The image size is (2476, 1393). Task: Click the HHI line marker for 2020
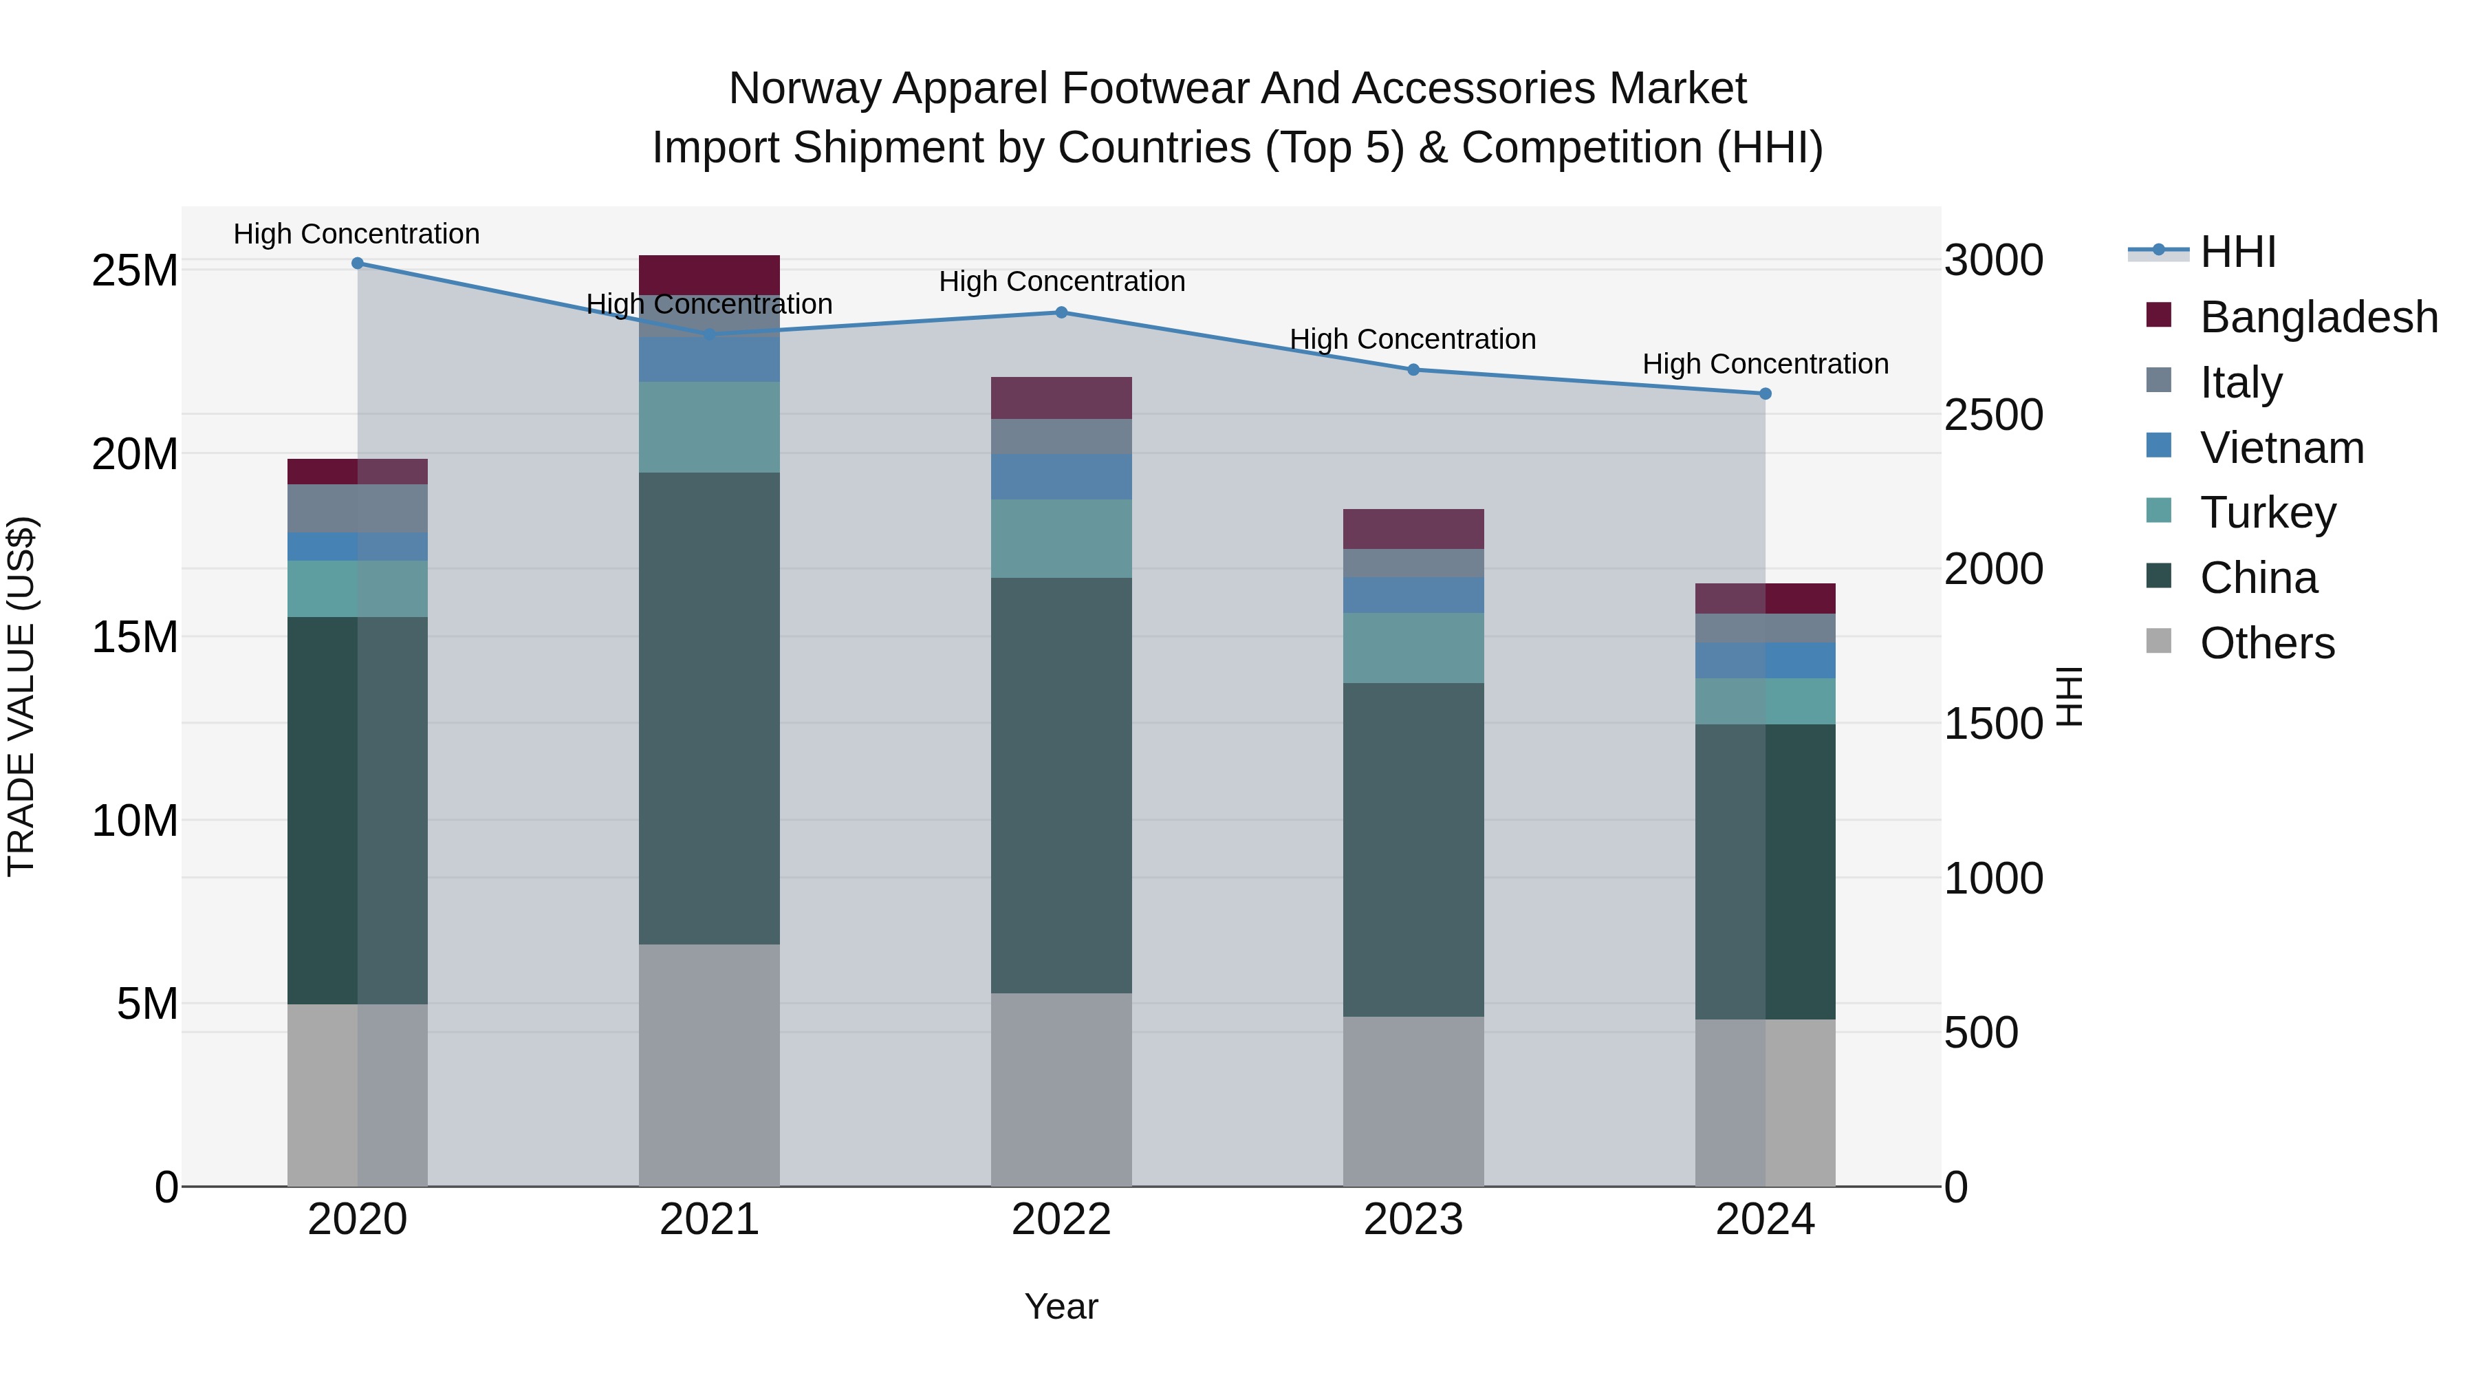[358, 263]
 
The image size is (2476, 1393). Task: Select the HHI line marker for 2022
[1061, 312]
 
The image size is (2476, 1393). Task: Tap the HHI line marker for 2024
[1765, 394]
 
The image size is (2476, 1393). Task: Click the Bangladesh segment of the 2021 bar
[709, 275]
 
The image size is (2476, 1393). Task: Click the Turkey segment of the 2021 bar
[709, 426]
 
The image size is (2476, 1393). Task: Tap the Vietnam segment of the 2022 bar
[1061, 477]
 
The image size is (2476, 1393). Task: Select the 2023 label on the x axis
[1413, 1220]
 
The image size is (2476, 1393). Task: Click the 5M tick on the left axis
[147, 1004]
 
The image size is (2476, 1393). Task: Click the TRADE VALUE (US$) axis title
[22, 696]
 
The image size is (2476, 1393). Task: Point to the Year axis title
[1061, 1306]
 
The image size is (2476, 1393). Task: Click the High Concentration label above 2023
[1413, 339]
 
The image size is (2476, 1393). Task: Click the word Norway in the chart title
[803, 89]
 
